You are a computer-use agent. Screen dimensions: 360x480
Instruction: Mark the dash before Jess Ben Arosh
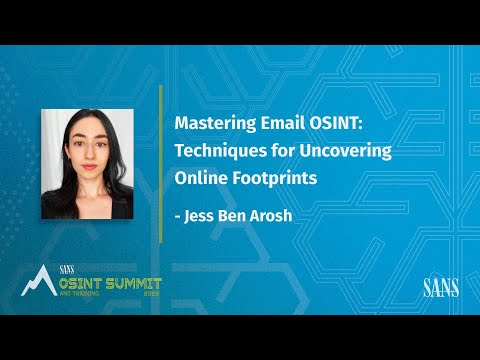tap(178, 213)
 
